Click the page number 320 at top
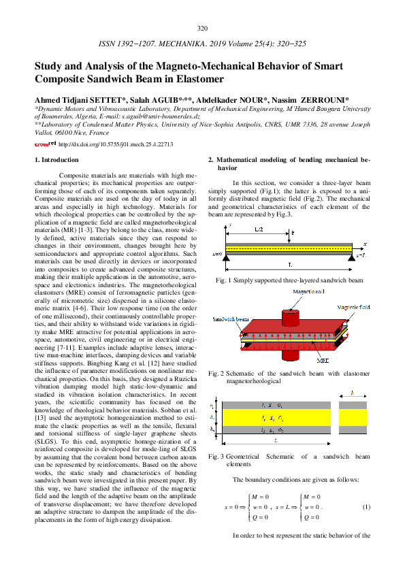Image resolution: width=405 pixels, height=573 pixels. [x=202, y=29]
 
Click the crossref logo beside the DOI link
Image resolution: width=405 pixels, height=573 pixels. [x=45, y=144]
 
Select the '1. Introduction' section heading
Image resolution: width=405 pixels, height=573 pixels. [x=56, y=160]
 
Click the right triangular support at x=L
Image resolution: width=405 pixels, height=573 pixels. [x=351, y=257]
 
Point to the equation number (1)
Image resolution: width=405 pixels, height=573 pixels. [x=366, y=507]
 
